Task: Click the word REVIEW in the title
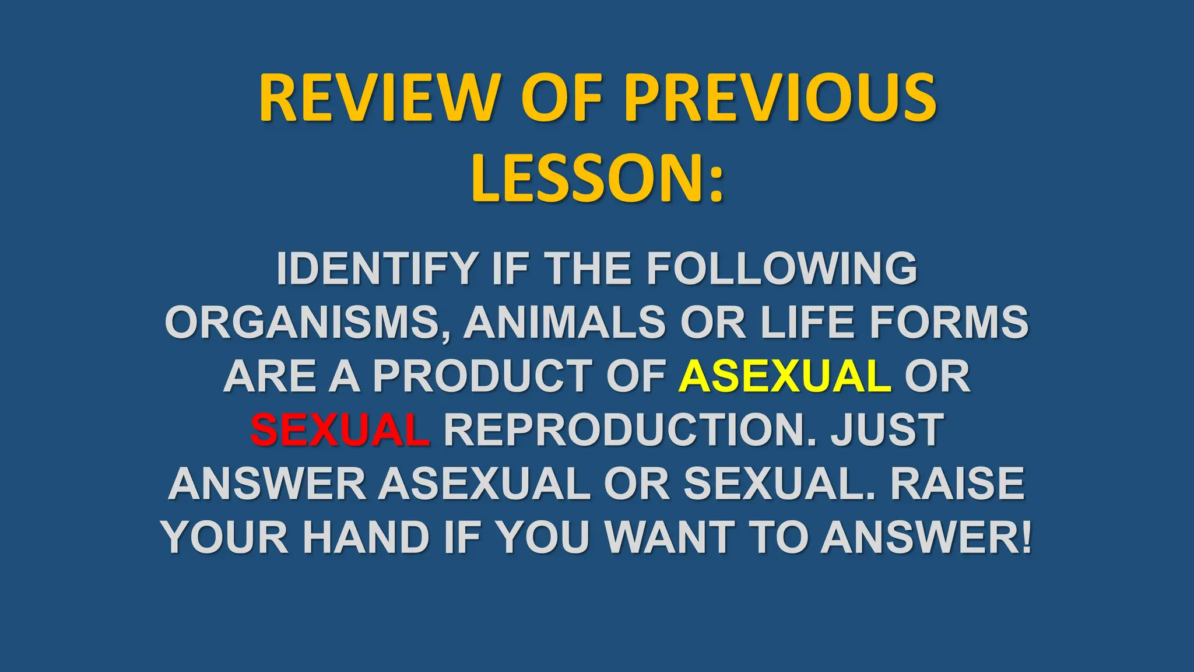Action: pyautogui.click(x=380, y=98)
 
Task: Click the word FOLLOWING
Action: pyautogui.click(x=781, y=269)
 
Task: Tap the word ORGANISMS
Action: pyautogui.click(x=303, y=323)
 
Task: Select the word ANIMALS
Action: pyautogui.click(x=564, y=323)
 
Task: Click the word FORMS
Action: pyautogui.click(x=949, y=323)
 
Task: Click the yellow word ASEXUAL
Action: pyautogui.click(x=785, y=376)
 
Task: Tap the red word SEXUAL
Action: pyautogui.click(x=340, y=430)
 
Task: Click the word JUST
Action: pyautogui.click(x=887, y=430)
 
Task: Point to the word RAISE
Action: pyautogui.click(x=957, y=484)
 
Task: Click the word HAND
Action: pyautogui.click(x=366, y=537)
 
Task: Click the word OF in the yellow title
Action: pyautogui.click(x=562, y=98)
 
